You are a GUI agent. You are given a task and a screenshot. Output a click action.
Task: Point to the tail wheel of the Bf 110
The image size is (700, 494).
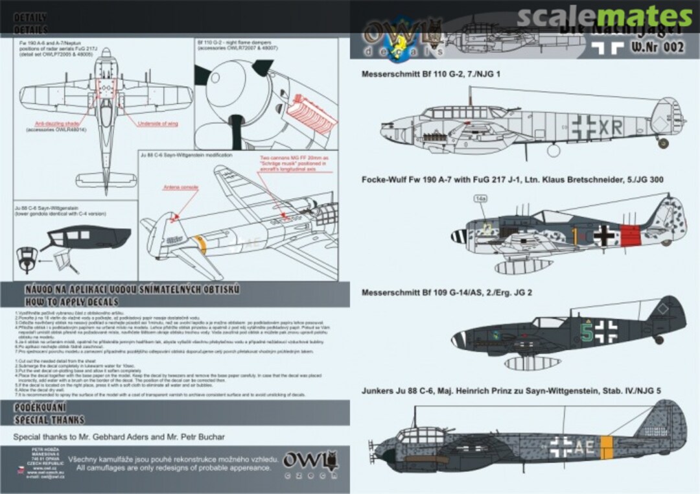663,143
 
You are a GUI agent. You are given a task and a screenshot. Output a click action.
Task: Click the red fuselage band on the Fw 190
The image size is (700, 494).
631,235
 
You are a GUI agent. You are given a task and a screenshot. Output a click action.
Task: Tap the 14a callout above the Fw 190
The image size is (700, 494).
480,200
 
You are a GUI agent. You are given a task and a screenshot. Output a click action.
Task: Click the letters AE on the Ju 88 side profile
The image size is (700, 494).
584,445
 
